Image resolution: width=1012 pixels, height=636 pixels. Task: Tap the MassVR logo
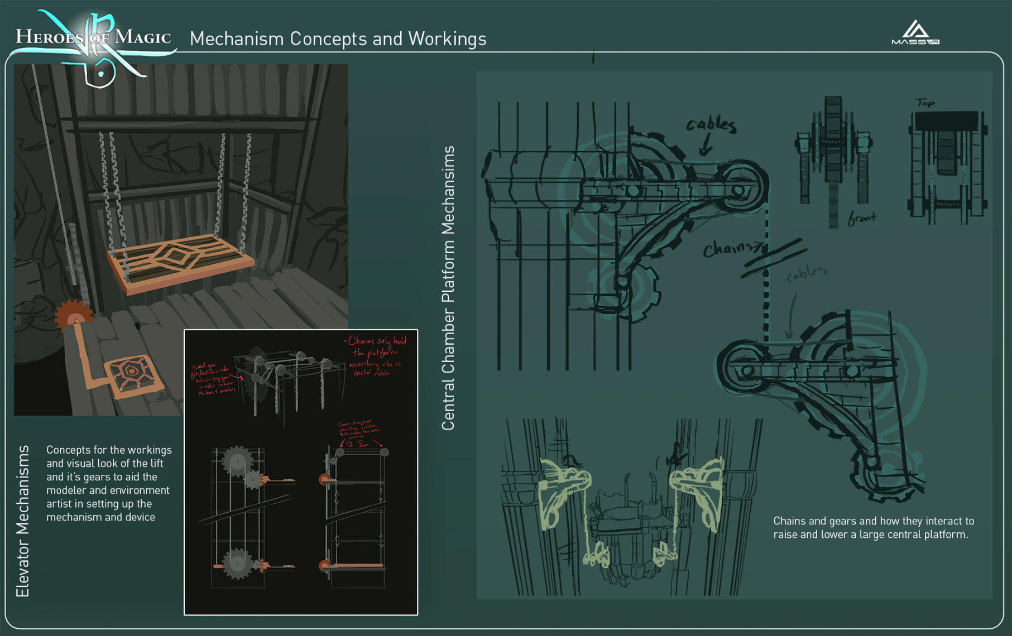click(915, 33)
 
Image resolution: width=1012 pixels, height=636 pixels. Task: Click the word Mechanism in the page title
click(237, 38)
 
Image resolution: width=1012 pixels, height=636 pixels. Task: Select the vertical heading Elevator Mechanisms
click(22, 521)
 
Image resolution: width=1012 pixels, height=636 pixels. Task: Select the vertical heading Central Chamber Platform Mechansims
click(448, 288)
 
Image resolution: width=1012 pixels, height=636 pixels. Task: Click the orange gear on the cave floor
click(74, 316)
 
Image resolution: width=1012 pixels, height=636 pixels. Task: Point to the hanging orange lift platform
click(180, 262)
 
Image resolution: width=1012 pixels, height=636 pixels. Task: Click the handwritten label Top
click(925, 103)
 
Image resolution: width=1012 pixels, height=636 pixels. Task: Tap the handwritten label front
click(862, 218)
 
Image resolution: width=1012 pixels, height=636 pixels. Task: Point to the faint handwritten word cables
click(806, 273)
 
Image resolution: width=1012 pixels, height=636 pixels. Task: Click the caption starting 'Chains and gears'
click(873, 527)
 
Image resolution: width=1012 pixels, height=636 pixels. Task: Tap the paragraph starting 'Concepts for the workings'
click(108, 483)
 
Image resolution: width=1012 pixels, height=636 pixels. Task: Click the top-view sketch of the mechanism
click(947, 165)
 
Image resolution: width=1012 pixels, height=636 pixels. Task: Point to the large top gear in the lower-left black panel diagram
click(237, 461)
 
